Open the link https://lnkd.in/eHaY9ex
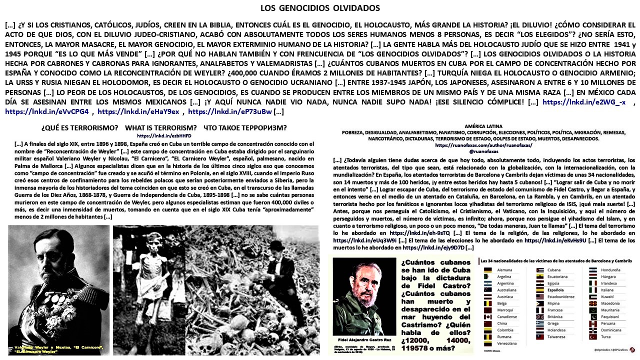[x=138, y=111]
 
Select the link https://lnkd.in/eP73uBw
[x=230, y=111]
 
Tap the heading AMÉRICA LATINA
[x=483, y=126]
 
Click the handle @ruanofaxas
[x=483, y=151]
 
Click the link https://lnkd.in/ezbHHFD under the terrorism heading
[x=164, y=135]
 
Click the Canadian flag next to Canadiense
[x=488, y=317]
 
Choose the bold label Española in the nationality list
[x=555, y=290]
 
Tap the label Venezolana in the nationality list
[x=508, y=343]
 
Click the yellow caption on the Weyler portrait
[x=58, y=349]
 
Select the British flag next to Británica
[x=540, y=317]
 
